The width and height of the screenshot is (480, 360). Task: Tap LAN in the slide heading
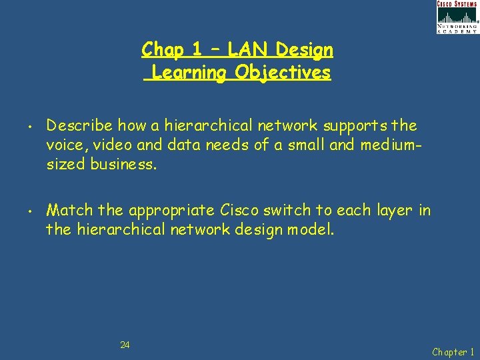(249, 49)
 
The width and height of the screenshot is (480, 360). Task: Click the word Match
(69, 211)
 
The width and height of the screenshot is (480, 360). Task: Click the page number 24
(125, 345)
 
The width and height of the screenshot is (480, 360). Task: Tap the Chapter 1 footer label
(453, 351)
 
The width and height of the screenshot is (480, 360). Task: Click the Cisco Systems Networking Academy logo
(457, 17)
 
